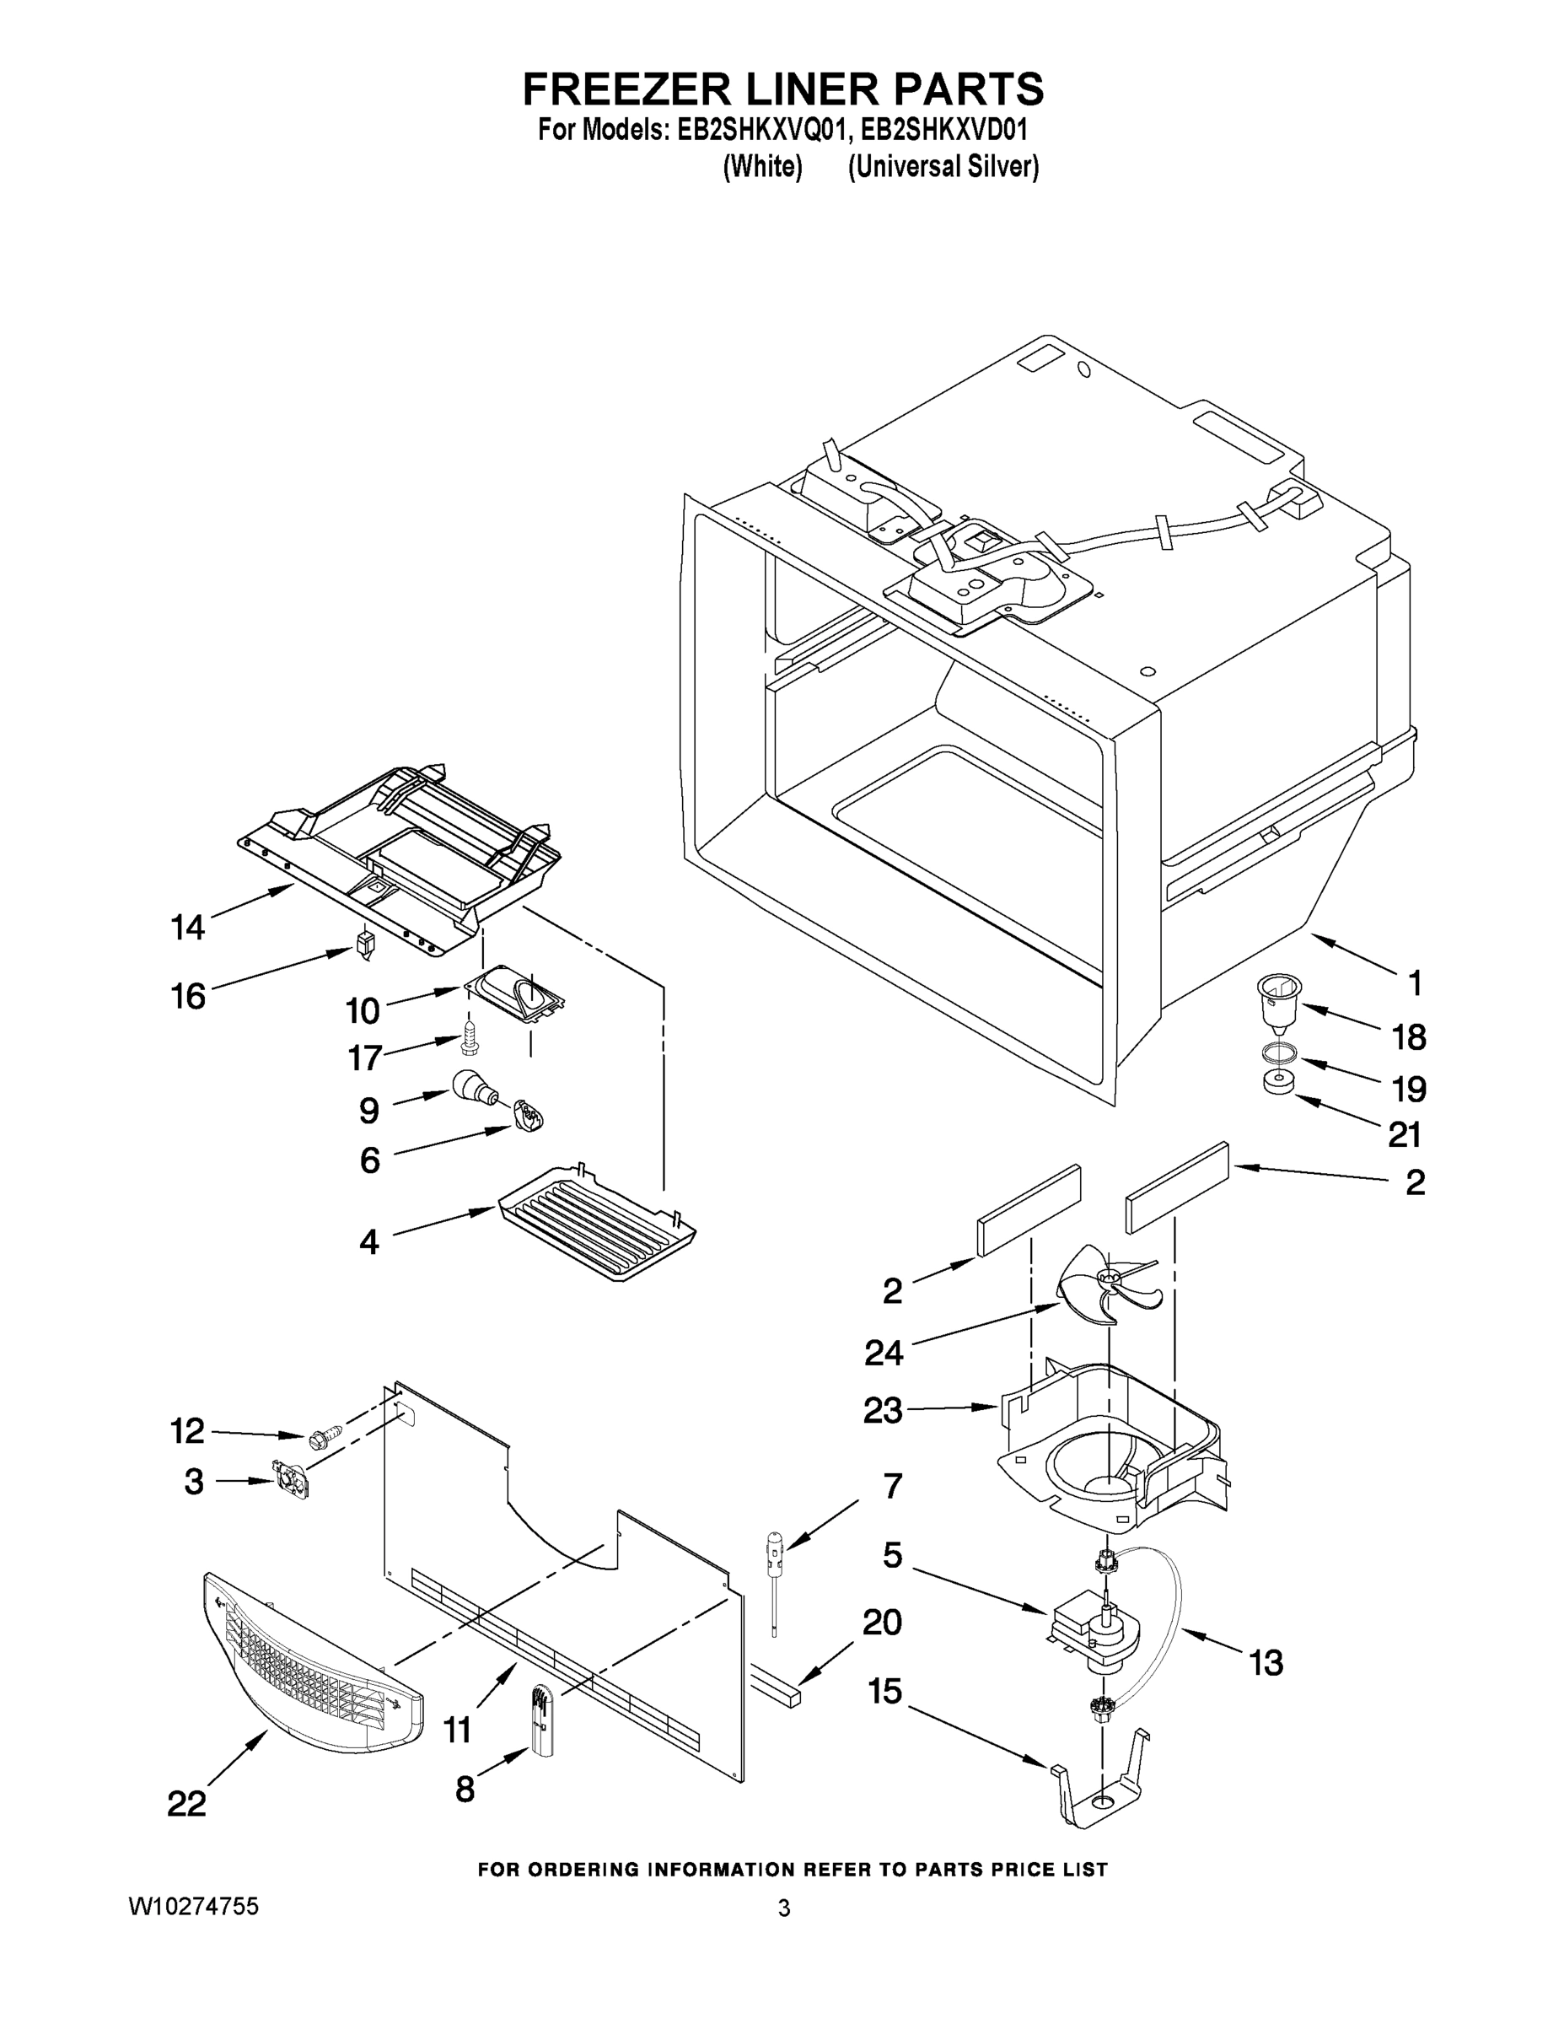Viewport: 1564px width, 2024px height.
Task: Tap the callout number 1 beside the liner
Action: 1414,982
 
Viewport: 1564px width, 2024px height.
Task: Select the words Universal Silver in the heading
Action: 943,167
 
